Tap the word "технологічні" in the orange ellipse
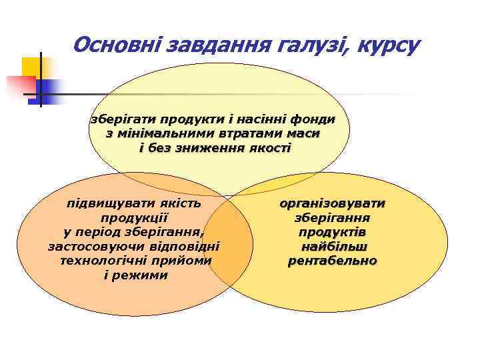pyautogui.click(x=99, y=261)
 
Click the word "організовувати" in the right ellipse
pyautogui.click(x=333, y=203)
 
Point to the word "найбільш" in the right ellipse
pyautogui.click(x=333, y=246)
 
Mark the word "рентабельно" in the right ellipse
pyautogui.click(x=333, y=261)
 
